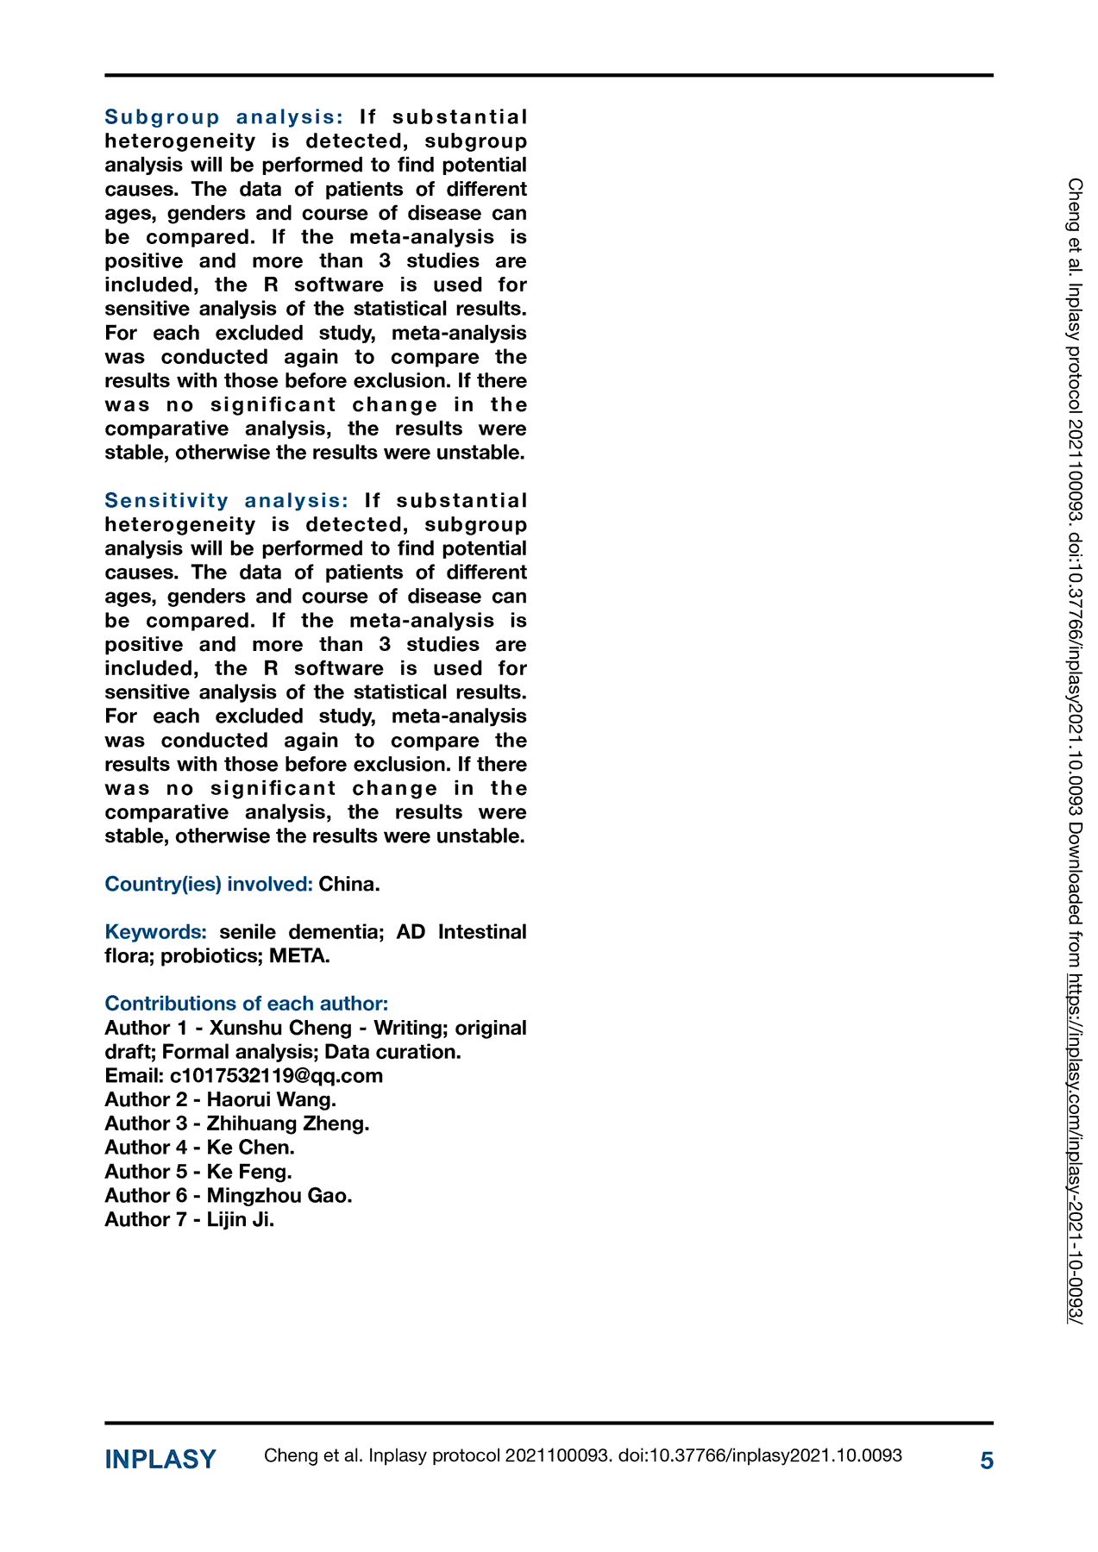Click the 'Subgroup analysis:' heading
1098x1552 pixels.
(x=223, y=117)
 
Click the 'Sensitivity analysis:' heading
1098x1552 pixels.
(x=226, y=501)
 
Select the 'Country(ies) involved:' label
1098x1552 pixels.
(x=208, y=884)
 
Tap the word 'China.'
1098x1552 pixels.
(x=349, y=884)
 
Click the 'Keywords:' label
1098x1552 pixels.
(x=155, y=932)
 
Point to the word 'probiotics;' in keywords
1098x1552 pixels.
(x=211, y=956)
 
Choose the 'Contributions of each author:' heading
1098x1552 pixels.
(x=246, y=1004)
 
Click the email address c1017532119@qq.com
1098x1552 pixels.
(x=276, y=1076)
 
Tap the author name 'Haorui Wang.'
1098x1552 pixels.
(x=271, y=1099)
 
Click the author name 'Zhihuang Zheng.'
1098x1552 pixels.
(x=287, y=1123)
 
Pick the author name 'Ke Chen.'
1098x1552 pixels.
(x=250, y=1148)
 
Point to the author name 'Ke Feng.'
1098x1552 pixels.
(x=249, y=1172)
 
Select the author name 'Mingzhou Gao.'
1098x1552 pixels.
(x=279, y=1196)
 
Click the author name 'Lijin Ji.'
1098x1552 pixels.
(x=240, y=1220)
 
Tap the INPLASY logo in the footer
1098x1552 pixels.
(x=160, y=1460)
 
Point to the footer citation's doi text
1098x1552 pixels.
(x=760, y=1456)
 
